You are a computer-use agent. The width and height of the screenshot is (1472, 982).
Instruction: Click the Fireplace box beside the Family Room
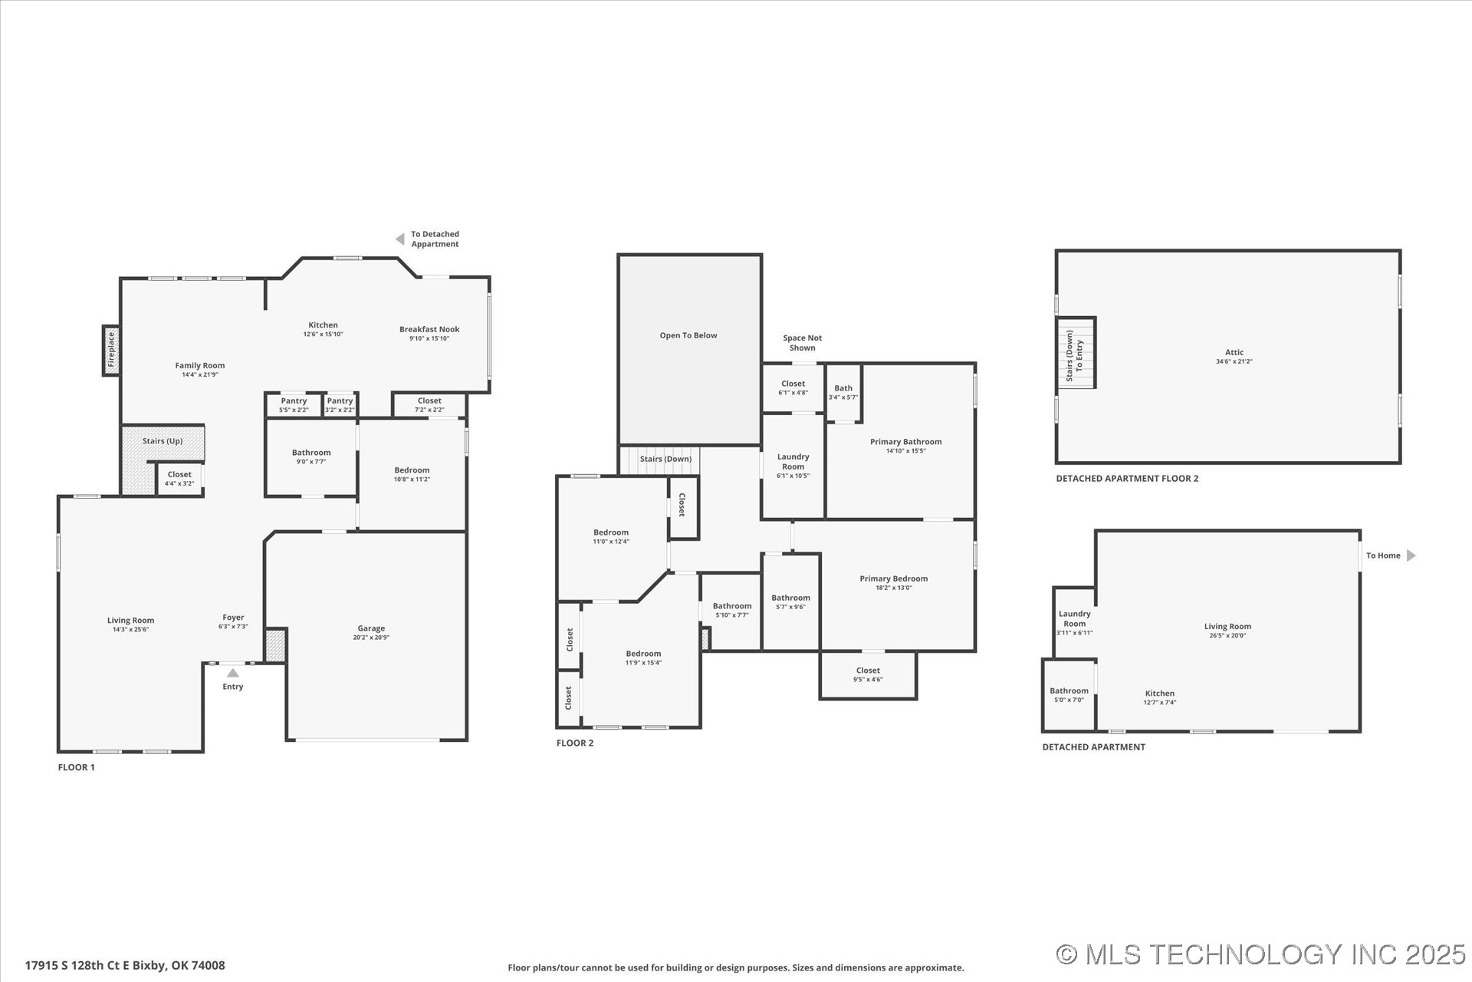pyautogui.click(x=111, y=351)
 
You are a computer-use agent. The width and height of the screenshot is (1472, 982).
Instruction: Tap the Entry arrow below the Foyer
pyautogui.click(x=232, y=673)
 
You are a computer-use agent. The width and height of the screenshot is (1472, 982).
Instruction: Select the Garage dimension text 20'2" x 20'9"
pyautogui.click(x=371, y=638)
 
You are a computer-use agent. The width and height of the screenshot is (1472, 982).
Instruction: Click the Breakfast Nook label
pyautogui.click(x=429, y=329)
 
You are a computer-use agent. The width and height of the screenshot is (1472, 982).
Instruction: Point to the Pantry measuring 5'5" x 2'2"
pyautogui.click(x=294, y=405)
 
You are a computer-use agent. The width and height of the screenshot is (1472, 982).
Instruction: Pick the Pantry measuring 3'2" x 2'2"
pyautogui.click(x=340, y=405)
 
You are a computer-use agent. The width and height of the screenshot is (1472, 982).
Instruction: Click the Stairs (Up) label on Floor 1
pyautogui.click(x=163, y=441)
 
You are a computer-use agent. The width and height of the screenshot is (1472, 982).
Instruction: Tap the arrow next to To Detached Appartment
pyautogui.click(x=399, y=239)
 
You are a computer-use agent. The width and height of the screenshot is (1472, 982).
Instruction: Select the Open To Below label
pyautogui.click(x=688, y=335)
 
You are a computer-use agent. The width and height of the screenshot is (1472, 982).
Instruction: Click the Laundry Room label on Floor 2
pyautogui.click(x=793, y=462)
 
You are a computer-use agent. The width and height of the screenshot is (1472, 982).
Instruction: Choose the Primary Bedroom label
pyautogui.click(x=893, y=578)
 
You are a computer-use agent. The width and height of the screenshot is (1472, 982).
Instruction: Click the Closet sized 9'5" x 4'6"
pyautogui.click(x=868, y=674)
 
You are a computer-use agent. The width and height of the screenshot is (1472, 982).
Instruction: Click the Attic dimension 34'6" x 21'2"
pyautogui.click(x=1234, y=361)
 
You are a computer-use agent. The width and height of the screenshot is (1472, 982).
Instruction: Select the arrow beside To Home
pyautogui.click(x=1411, y=555)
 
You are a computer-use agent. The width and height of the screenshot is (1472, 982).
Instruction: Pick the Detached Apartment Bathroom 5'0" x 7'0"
pyautogui.click(x=1069, y=695)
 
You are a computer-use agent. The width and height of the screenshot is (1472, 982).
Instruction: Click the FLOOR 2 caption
pyautogui.click(x=575, y=743)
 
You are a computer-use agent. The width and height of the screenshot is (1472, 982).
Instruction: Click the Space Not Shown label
pyautogui.click(x=802, y=343)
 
